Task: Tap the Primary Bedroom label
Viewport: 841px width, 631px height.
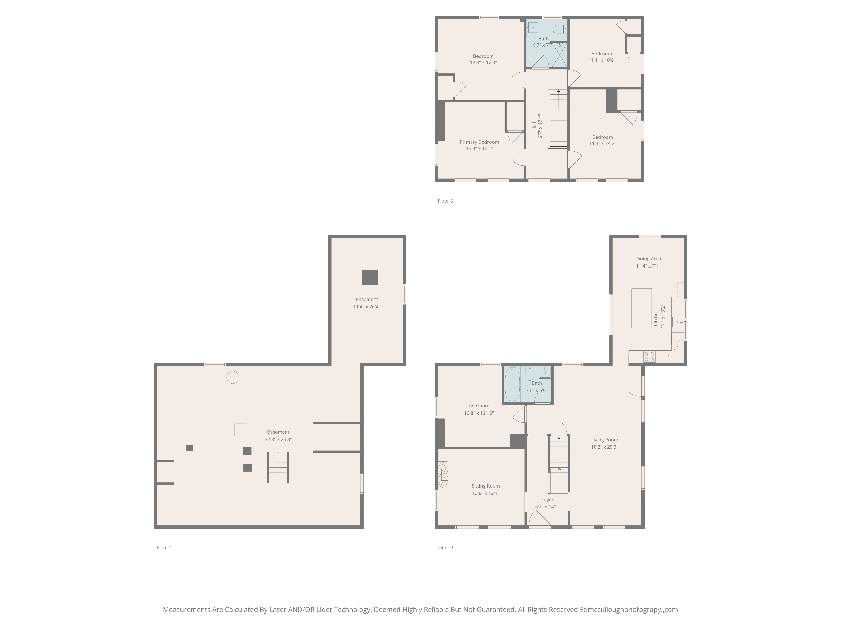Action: pyautogui.click(x=479, y=142)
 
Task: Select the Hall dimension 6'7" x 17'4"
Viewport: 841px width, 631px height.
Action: pyautogui.click(x=540, y=126)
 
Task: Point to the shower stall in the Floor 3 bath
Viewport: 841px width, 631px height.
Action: pyautogui.click(x=559, y=55)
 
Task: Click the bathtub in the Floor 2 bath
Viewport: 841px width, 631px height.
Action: pyautogui.click(x=512, y=384)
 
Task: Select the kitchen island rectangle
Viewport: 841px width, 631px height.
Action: pyautogui.click(x=641, y=308)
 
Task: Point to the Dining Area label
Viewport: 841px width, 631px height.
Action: pyautogui.click(x=648, y=259)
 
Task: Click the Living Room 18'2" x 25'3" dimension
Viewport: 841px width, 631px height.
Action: pyautogui.click(x=604, y=447)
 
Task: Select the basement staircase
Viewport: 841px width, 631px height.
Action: pyautogui.click(x=278, y=467)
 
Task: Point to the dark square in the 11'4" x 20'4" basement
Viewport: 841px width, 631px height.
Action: pyautogui.click(x=370, y=277)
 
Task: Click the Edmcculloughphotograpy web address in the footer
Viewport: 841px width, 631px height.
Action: pyautogui.click(x=628, y=610)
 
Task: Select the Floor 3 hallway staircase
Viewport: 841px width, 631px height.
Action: pyautogui.click(x=558, y=119)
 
